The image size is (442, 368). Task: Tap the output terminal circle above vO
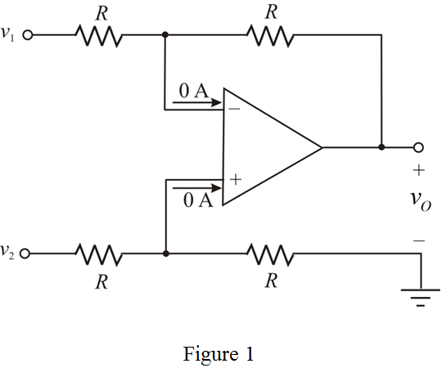click(419, 147)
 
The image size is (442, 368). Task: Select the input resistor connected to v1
click(99, 36)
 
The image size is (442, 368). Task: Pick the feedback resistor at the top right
click(270, 36)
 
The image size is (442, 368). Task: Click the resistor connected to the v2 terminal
click(99, 254)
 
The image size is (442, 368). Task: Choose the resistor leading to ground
click(270, 254)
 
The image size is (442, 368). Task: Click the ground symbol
click(421, 300)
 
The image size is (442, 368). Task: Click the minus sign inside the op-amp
click(235, 105)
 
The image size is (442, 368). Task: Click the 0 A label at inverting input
click(194, 91)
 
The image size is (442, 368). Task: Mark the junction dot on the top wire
click(166, 36)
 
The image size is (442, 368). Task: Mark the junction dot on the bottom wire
click(166, 254)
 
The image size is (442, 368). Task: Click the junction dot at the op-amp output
click(381, 147)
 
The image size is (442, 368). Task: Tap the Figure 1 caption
click(220, 354)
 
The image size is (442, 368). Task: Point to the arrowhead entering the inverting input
click(216, 104)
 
